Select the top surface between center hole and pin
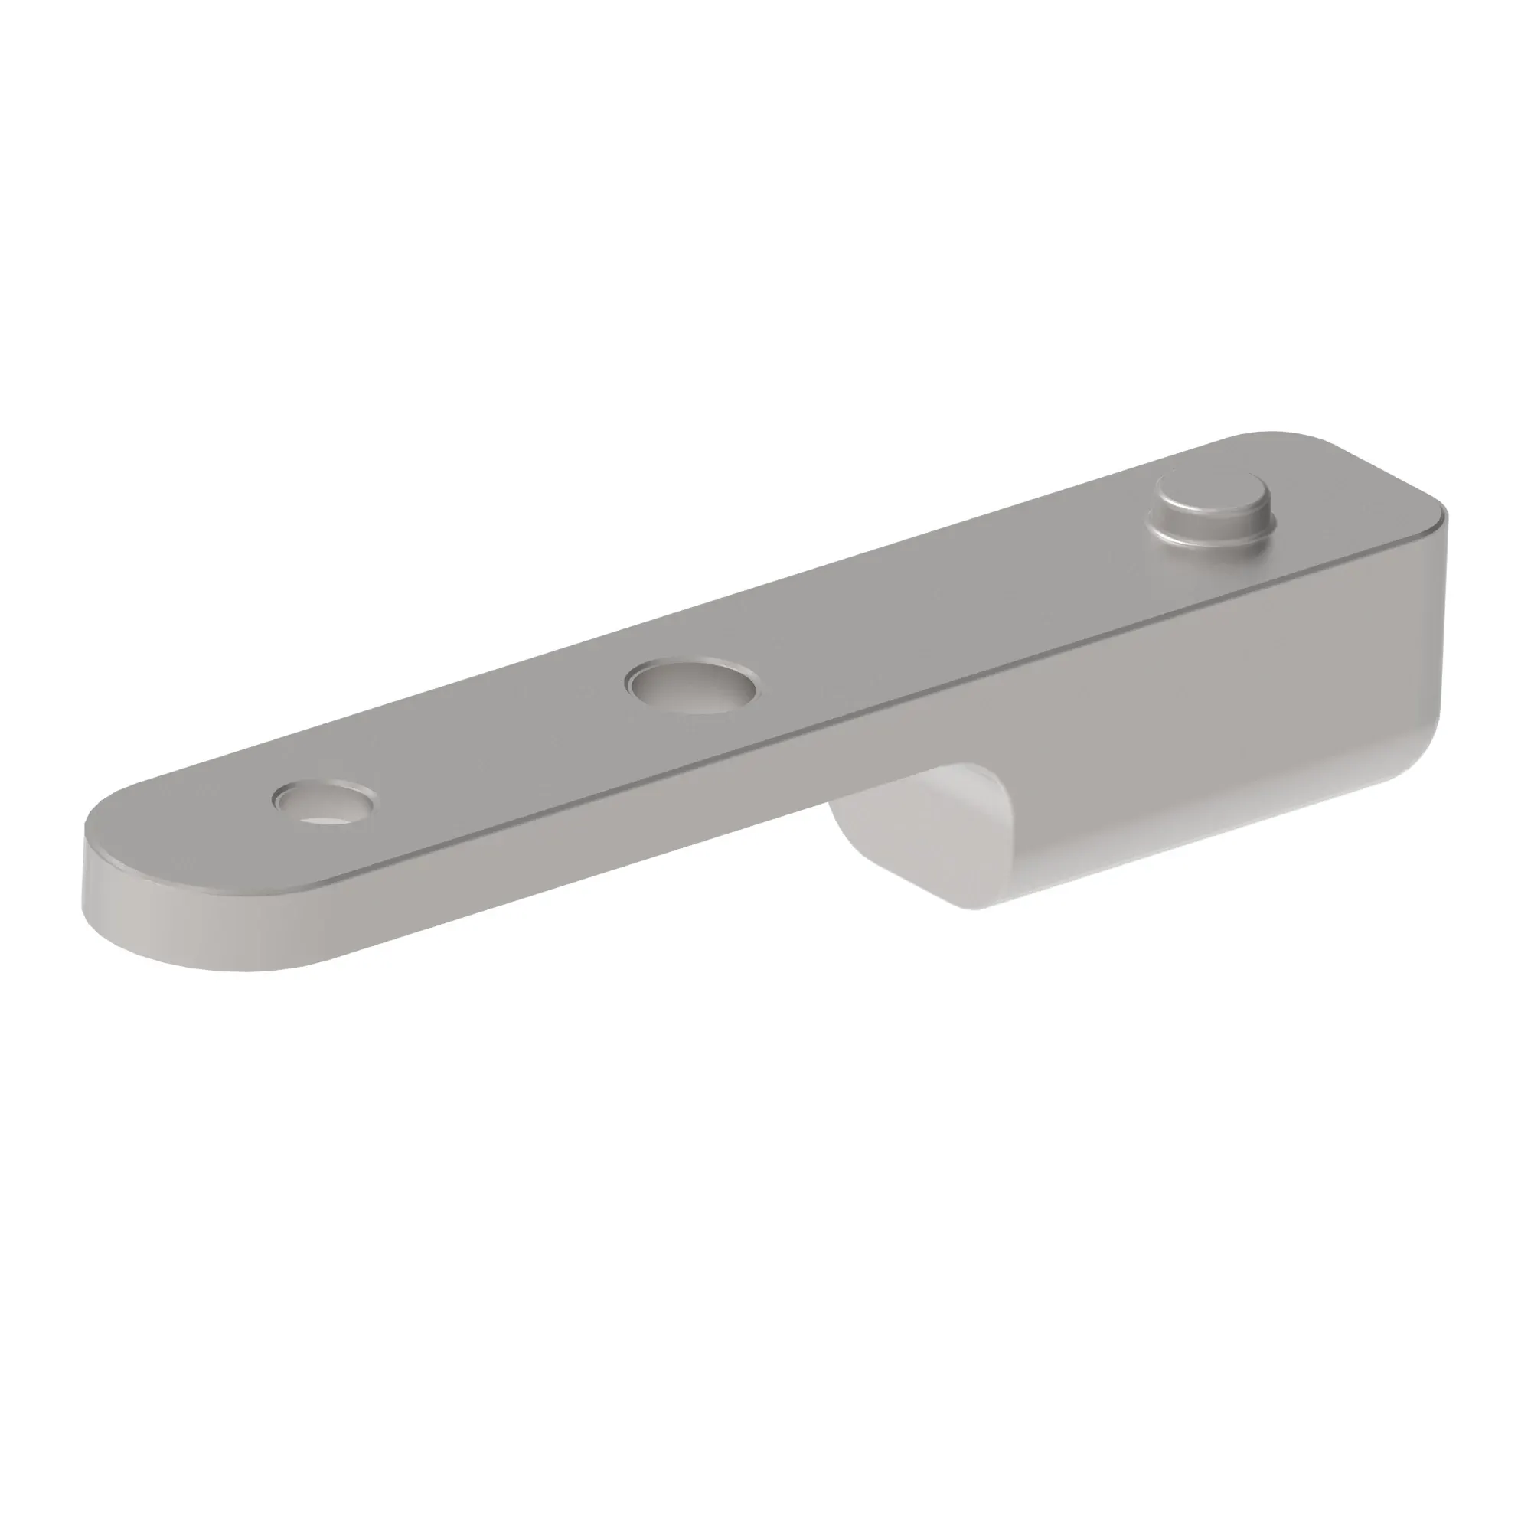(951, 602)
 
